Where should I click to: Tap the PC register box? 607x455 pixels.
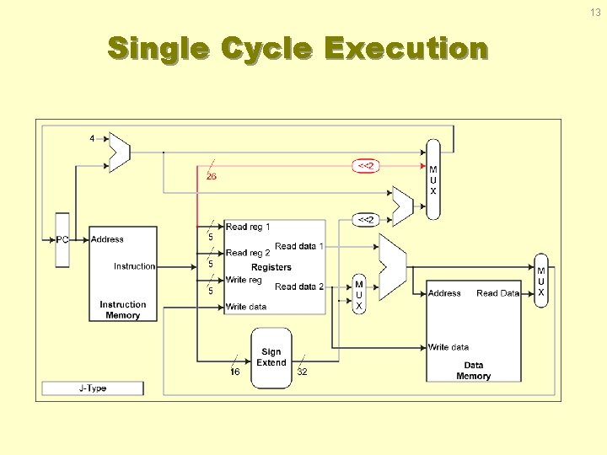[62, 239]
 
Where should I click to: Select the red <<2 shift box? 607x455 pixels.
[366, 166]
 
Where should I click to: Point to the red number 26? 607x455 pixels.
[211, 176]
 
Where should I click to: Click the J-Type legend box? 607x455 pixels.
[93, 388]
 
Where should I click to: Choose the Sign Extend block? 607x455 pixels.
[271, 357]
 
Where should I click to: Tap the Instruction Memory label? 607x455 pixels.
[122, 310]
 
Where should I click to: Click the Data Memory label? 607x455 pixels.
[473, 371]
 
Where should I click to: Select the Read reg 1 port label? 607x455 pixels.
[248, 227]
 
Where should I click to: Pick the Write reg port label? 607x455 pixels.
[244, 280]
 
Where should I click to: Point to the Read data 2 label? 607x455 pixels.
[299, 286]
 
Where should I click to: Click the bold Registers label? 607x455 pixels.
[271, 267]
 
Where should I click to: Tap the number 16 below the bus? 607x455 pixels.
[235, 372]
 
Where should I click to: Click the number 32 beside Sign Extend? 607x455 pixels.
[302, 372]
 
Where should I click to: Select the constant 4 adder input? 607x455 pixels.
[92, 138]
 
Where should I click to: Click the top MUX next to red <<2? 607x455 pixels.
[433, 180]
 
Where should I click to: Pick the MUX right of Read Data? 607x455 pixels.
[541, 281]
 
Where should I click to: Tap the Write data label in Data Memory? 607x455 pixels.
[449, 347]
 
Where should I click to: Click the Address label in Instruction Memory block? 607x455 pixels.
[107, 239]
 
